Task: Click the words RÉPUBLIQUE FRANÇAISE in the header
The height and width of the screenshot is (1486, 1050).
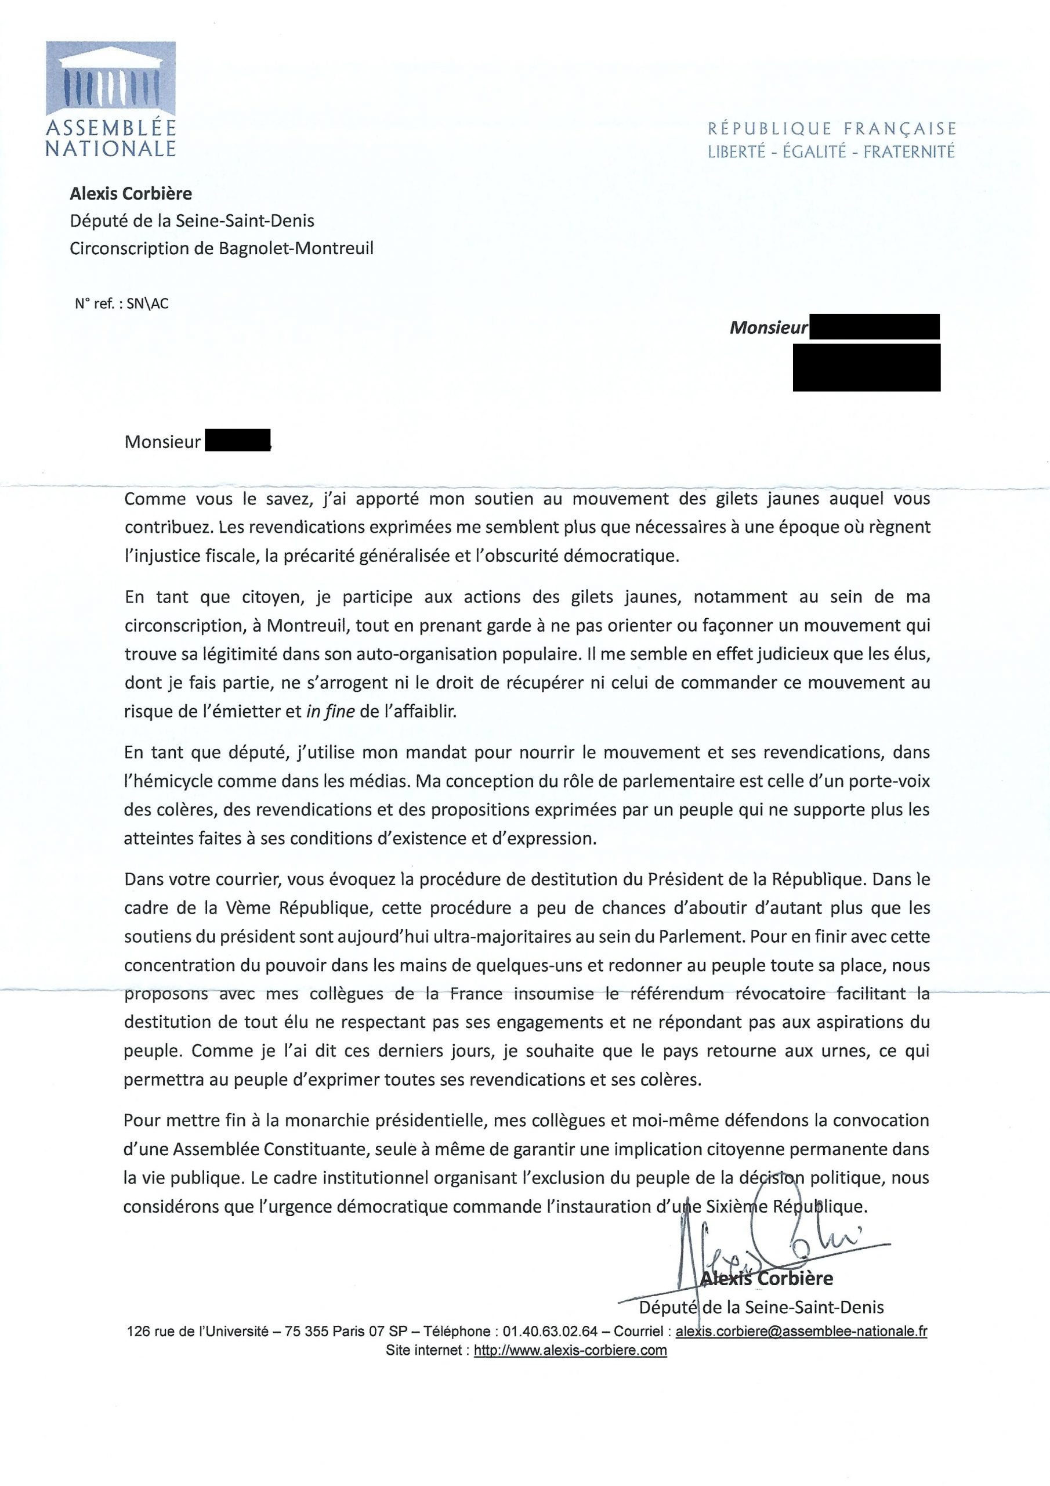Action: (831, 129)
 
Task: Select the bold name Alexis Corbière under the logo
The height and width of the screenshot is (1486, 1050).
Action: (131, 193)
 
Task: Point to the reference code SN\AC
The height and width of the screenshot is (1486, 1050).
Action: (147, 304)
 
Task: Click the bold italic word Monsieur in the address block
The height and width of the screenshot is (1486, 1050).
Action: (769, 328)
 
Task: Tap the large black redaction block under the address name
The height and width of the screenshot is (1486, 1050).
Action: (866, 367)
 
